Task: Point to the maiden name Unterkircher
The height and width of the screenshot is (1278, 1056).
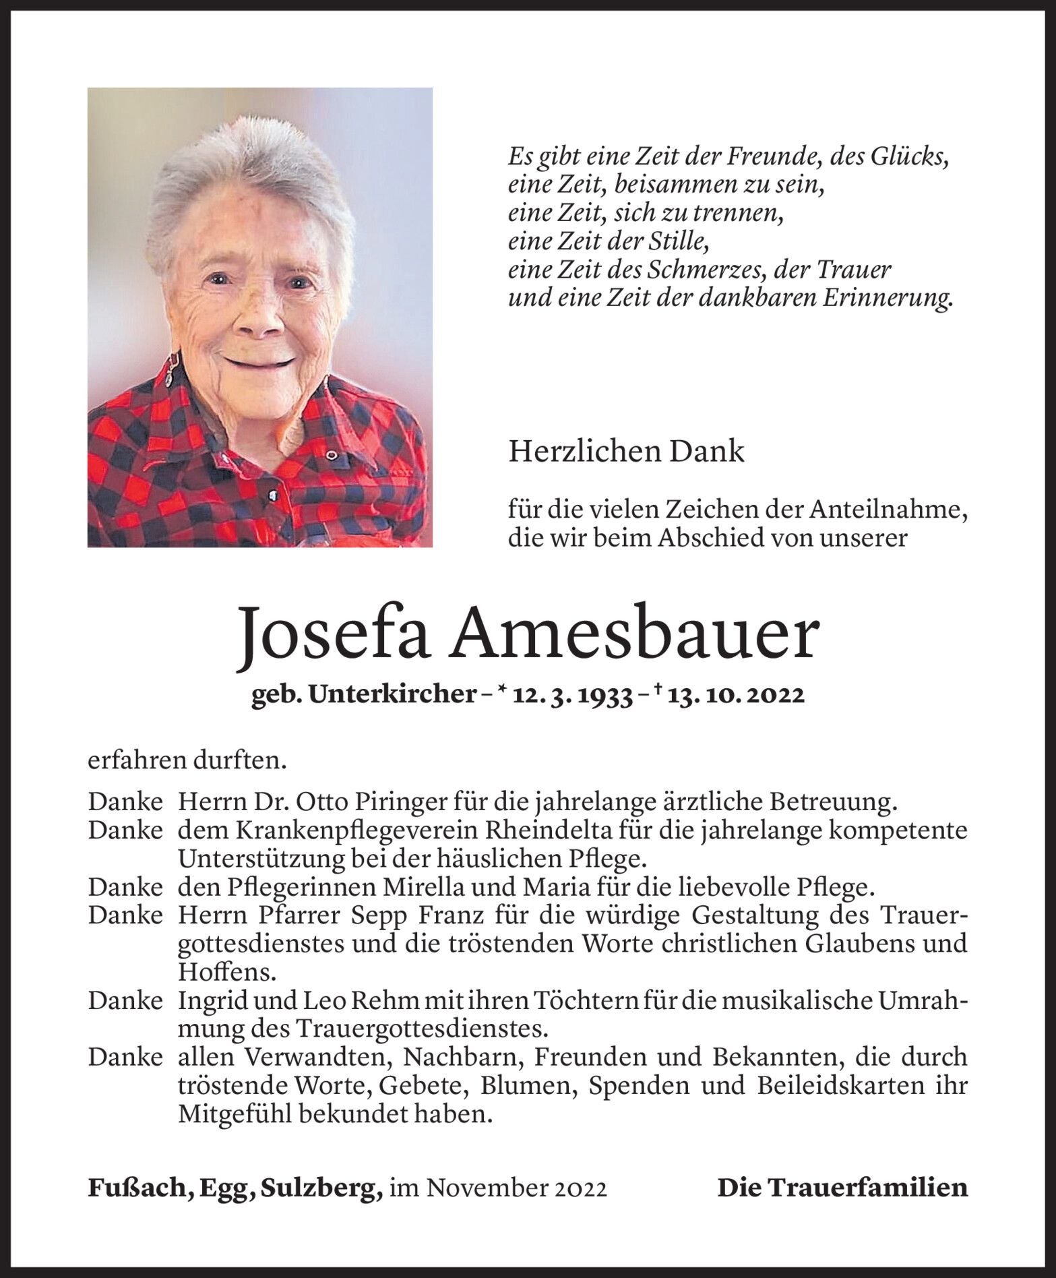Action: (392, 694)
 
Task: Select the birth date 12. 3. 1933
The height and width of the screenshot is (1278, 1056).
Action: (571, 694)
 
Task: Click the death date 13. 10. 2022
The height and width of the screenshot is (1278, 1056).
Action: (736, 694)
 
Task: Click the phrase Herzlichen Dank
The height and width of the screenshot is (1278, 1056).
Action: (626, 452)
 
